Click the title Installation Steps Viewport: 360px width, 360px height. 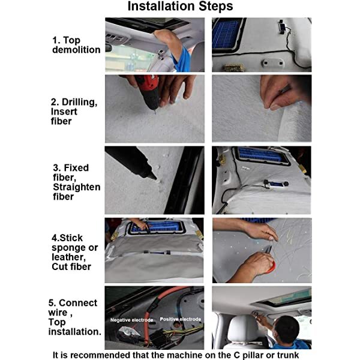click(x=180, y=6)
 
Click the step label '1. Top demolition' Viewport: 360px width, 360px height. click(x=76, y=45)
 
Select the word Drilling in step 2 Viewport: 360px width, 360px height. click(x=79, y=102)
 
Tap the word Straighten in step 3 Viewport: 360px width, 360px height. click(x=77, y=187)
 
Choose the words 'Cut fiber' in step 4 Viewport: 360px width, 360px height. click(x=71, y=267)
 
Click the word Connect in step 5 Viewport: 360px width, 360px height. click(x=78, y=303)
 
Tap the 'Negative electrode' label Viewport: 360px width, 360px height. click(x=131, y=320)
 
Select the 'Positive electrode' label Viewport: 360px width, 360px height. click(x=181, y=319)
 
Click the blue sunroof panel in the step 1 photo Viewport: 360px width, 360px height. click(x=226, y=34)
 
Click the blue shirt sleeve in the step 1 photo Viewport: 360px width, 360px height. click(x=182, y=60)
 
